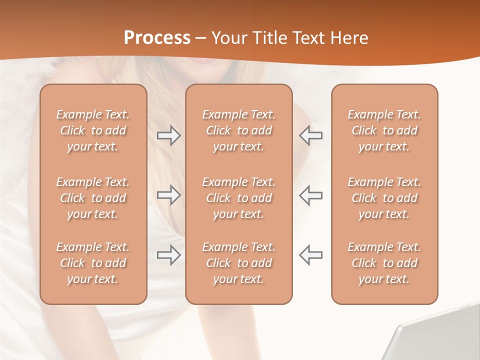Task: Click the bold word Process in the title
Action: (x=157, y=38)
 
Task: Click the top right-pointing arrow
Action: (x=168, y=135)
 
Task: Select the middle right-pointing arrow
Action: (x=168, y=195)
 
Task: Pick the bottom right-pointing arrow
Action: (x=168, y=255)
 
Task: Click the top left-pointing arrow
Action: (x=310, y=135)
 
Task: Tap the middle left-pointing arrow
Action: (x=310, y=195)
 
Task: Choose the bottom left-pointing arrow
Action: (x=310, y=255)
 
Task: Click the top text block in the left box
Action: (x=93, y=130)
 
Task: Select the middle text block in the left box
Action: (x=93, y=198)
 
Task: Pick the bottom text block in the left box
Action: (x=93, y=263)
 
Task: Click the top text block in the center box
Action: (x=239, y=130)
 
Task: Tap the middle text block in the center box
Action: (x=239, y=198)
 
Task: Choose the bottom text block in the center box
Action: (x=239, y=263)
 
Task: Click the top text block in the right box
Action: (x=384, y=130)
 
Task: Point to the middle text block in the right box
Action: (x=384, y=198)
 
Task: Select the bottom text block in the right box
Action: (x=384, y=263)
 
